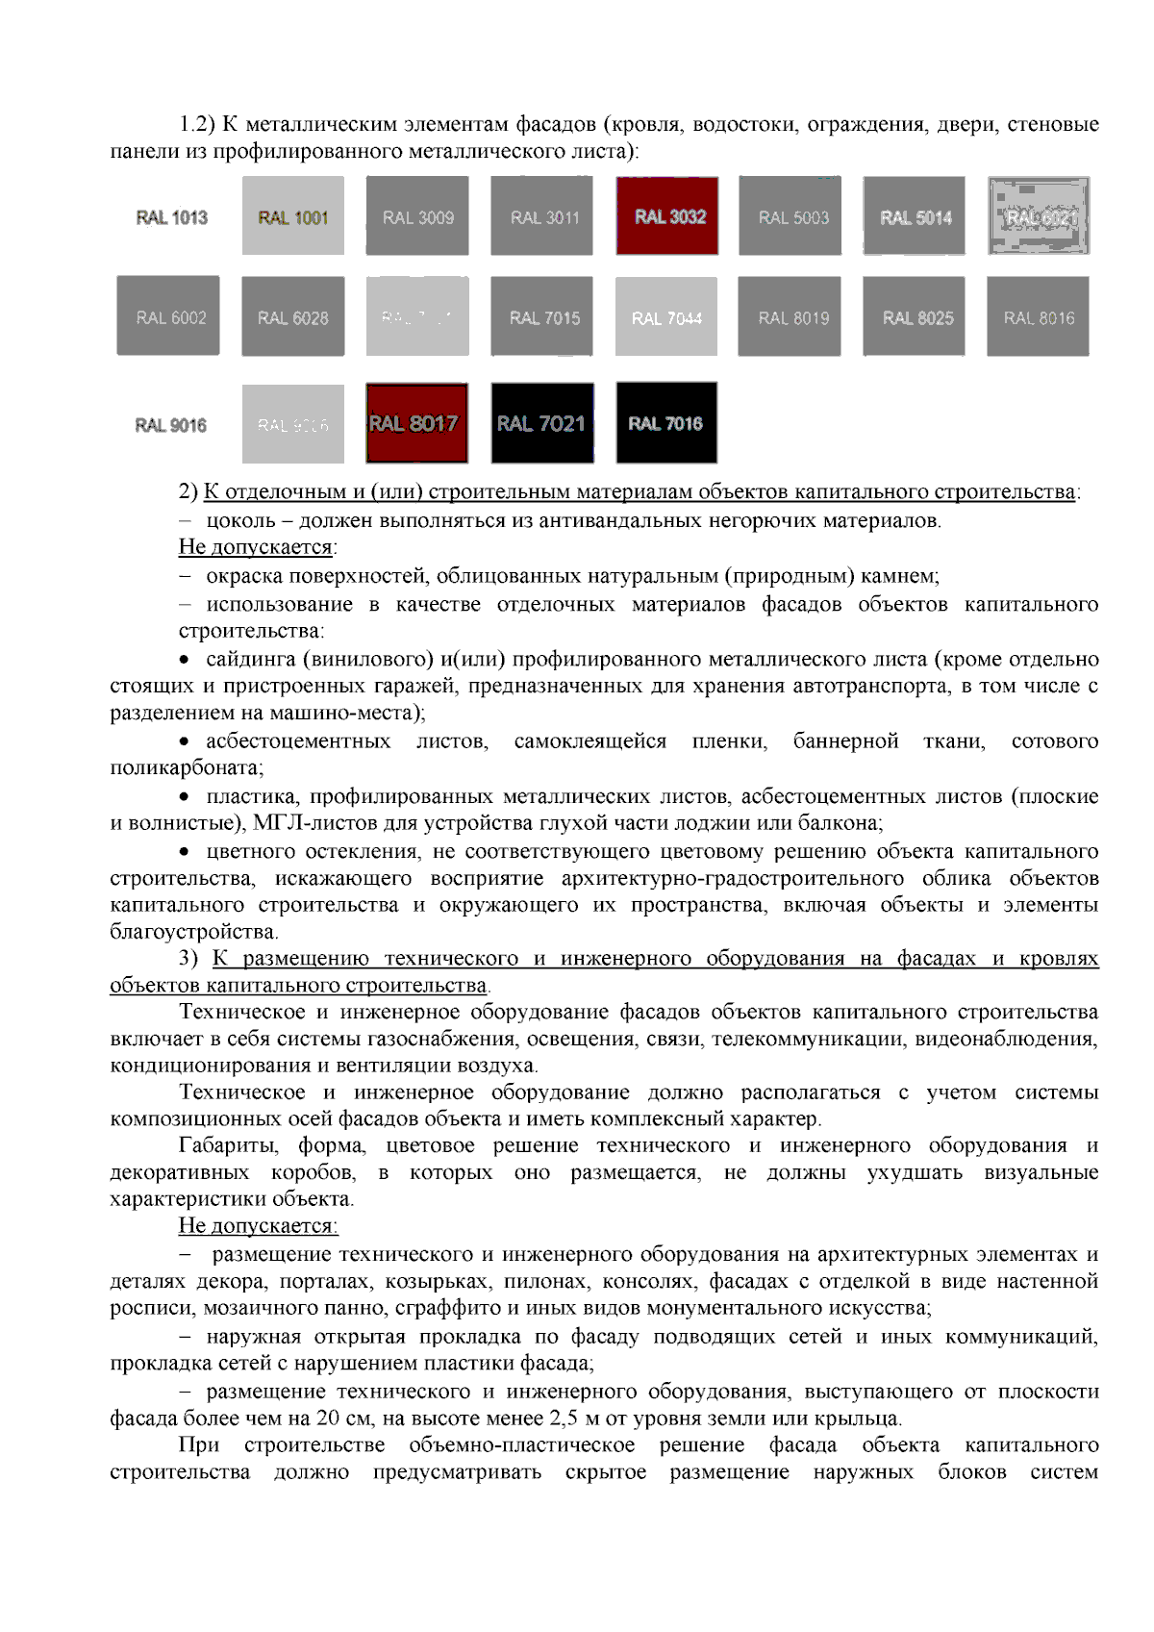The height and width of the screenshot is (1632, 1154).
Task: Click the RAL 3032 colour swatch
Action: (x=667, y=216)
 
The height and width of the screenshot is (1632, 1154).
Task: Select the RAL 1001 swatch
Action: (x=292, y=216)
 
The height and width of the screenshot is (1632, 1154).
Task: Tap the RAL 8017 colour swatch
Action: (x=416, y=423)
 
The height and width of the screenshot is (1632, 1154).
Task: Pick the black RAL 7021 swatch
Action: (x=542, y=423)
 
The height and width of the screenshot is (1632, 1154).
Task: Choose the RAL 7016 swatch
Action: (x=666, y=423)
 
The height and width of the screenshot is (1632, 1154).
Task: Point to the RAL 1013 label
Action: (x=171, y=217)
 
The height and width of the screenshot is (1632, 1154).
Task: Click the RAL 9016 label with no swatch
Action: (x=170, y=425)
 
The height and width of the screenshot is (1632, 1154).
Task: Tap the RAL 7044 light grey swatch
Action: (x=666, y=317)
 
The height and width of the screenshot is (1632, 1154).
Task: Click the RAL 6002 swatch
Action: (x=168, y=316)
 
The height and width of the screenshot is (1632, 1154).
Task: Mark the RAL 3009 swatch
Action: (x=417, y=216)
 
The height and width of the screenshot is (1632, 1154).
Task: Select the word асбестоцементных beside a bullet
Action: (x=298, y=741)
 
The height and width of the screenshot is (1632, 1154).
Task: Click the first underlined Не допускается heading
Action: (x=257, y=547)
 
